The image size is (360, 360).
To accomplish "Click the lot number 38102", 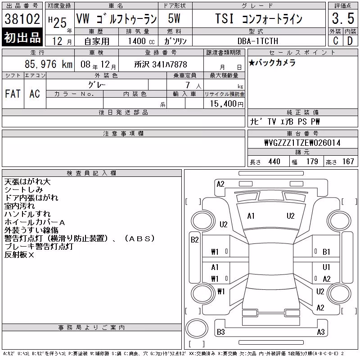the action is pyautogui.click(x=22, y=19).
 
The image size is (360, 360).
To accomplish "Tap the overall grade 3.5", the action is pyautogui.click(x=343, y=18).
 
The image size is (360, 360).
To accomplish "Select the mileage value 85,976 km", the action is pyautogui.click(x=49, y=64).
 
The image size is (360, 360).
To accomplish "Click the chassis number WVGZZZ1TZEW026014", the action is pyautogui.click(x=302, y=143).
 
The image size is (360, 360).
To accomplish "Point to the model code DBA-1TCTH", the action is pyautogui.click(x=258, y=41).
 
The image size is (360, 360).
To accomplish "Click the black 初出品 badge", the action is pyautogui.click(x=22, y=37).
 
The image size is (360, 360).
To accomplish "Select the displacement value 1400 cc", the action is pyautogui.click(x=141, y=41).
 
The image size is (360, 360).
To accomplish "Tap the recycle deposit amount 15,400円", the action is pyautogui.click(x=227, y=104).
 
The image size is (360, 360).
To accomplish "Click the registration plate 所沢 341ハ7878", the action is pyautogui.click(x=161, y=64).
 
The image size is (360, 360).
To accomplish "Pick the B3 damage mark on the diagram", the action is pyautogui.click(x=220, y=332).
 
